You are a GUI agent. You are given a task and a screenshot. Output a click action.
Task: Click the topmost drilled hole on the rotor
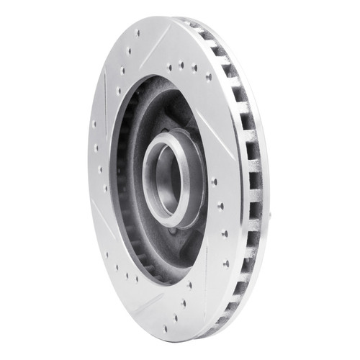(138, 32)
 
